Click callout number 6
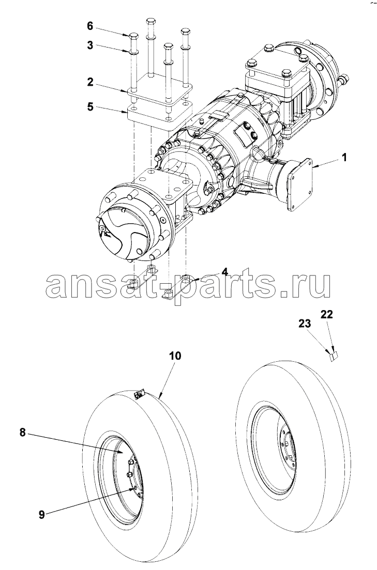pyautogui.click(x=90, y=25)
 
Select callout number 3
pyautogui.click(x=90, y=45)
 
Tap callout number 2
pyautogui.click(x=90, y=81)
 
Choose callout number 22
pyautogui.click(x=327, y=314)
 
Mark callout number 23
pyautogui.click(x=305, y=324)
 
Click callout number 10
pyautogui.click(x=174, y=356)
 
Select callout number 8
pyautogui.click(x=23, y=433)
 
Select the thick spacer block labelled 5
pyautogui.click(x=155, y=115)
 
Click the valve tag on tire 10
pyautogui.click(x=139, y=395)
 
